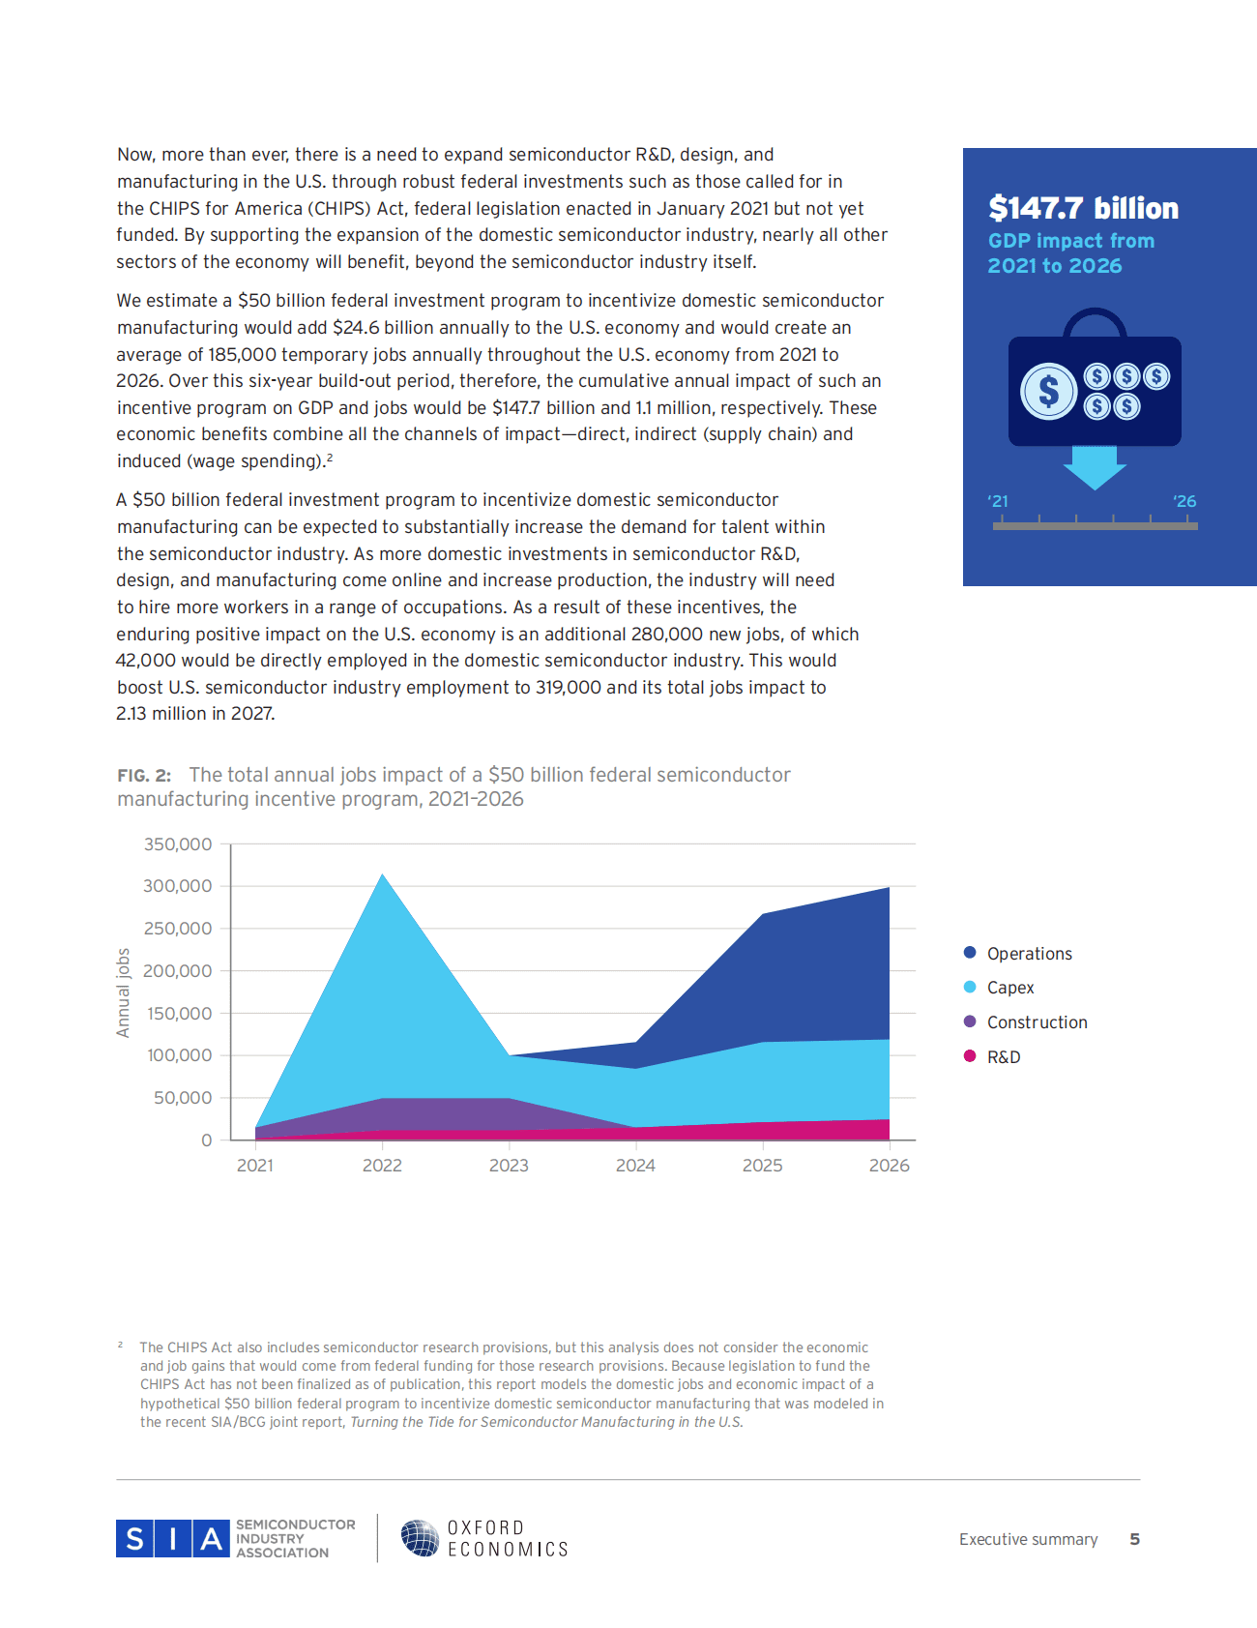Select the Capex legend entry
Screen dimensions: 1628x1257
[1009, 988]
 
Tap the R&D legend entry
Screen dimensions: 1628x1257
[1003, 1057]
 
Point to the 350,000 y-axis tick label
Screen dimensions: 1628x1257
[178, 844]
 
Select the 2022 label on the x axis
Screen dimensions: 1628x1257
[382, 1166]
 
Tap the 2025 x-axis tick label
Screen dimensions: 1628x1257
[762, 1166]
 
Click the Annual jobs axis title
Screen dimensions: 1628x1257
[123, 992]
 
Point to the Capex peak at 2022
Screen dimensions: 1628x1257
[383, 876]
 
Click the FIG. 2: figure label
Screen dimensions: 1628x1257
[144, 776]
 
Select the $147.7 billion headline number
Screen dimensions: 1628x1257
[1083, 208]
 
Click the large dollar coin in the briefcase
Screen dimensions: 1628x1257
[1048, 392]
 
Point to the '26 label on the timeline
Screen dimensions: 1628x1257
[1184, 501]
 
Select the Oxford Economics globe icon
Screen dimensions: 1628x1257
[421, 1537]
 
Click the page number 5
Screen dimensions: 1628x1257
[1134, 1539]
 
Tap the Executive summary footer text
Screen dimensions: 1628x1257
[1028, 1539]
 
